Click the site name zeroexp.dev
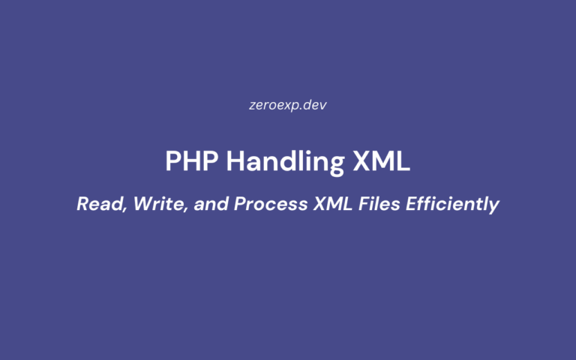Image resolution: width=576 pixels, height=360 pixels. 288,105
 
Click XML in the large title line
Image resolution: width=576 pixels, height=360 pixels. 384,161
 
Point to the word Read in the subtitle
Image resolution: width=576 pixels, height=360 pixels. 97,204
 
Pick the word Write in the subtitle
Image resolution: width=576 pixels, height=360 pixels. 157,204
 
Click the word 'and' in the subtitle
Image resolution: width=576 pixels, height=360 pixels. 207,204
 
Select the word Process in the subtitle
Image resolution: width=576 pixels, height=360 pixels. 263,204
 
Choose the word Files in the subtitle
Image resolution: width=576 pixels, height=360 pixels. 375,204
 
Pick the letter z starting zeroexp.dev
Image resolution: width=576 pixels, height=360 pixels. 253,106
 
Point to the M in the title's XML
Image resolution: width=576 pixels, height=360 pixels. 384,161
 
